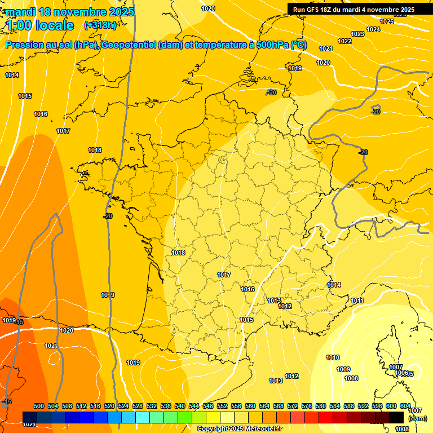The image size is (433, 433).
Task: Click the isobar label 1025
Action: (387, 21)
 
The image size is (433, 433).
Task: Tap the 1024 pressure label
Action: (373, 29)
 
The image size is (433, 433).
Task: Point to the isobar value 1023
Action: (357, 34)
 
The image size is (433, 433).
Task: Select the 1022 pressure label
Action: (344, 41)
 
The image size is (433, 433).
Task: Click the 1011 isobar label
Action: (357, 301)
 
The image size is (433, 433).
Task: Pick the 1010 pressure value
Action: (333, 357)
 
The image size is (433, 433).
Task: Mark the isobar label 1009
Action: (343, 369)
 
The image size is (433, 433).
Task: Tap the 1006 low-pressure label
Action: (401, 373)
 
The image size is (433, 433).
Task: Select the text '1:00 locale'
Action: (40, 25)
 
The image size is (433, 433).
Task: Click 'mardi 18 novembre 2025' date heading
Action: (70, 12)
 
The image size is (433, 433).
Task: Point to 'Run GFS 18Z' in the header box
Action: (315, 10)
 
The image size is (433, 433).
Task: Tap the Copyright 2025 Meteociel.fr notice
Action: (239, 428)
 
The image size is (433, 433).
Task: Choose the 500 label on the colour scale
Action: (39, 406)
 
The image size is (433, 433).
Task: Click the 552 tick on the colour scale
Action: (222, 406)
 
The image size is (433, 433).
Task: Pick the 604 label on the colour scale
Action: (405, 406)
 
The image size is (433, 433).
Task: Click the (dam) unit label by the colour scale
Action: (417, 418)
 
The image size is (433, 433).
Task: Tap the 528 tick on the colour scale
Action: (138, 406)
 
